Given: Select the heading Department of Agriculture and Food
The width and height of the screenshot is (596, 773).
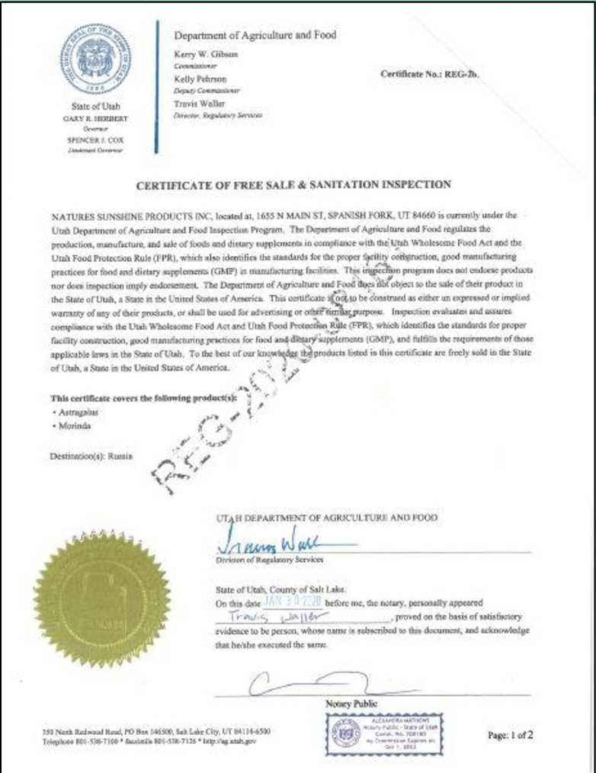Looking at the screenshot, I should click(x=255, y=35).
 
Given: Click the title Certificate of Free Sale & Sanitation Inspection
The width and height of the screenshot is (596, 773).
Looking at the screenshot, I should click(x=293, y=184).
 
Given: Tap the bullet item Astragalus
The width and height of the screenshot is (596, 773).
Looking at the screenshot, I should click(x=81, y=412).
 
